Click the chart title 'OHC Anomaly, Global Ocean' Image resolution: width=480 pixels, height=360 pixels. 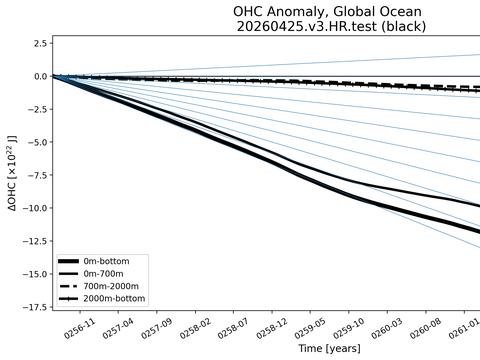(x=327, y=12)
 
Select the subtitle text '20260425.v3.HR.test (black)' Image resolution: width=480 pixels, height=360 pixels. (x=331, y=26)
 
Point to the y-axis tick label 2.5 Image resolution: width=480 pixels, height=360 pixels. (x=40, y=44)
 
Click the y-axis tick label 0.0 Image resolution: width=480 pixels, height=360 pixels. (x=40, y=76)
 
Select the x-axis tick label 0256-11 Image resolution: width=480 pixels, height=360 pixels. (x=79, y=328)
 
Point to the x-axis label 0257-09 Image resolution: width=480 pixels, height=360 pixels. (x=156, y=328)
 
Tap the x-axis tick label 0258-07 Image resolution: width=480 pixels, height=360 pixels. (x=233, y=328)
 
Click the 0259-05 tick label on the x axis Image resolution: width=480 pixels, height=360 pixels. (x=310, y=328)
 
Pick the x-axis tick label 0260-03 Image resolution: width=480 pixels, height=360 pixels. (x=387, y=328)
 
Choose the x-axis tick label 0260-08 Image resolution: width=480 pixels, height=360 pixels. (x=426, y=328)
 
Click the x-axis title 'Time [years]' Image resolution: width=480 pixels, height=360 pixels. (x=330, y=349)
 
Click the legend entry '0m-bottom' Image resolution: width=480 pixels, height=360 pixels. (x=106, y=261)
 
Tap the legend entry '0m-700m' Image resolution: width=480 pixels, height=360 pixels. (x=103, y=274)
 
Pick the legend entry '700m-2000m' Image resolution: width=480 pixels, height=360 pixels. (x=111, y=286)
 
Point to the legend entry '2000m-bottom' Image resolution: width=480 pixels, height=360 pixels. (x=114, y=298)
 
